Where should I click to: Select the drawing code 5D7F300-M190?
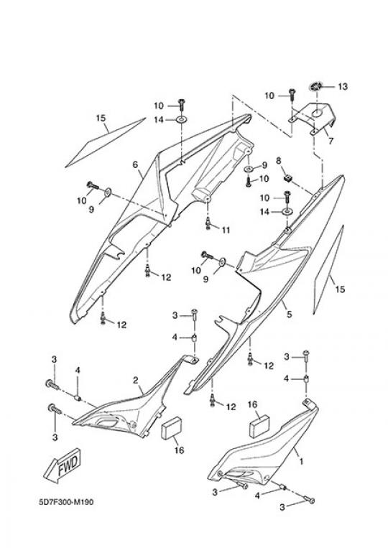tap(66, 503)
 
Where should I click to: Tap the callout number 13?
tap(343, 86)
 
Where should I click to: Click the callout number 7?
tap(331, 141)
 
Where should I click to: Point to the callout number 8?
tap(279, 161)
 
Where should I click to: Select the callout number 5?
tap(289, 314)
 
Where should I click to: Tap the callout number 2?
tap(135, 380)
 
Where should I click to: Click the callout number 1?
tap(301, 461)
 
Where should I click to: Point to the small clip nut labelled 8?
tap(287, 178)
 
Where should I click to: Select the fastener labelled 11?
tap(208, 223)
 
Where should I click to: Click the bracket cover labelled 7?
tap(313, 119)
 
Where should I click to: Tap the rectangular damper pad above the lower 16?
tap(171, 428)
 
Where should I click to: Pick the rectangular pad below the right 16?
tap(259, 427)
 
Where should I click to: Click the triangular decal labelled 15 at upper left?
tap(105, 143)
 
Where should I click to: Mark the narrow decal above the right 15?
tap(328, 270)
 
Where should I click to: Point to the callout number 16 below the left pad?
tap(179, 450)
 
